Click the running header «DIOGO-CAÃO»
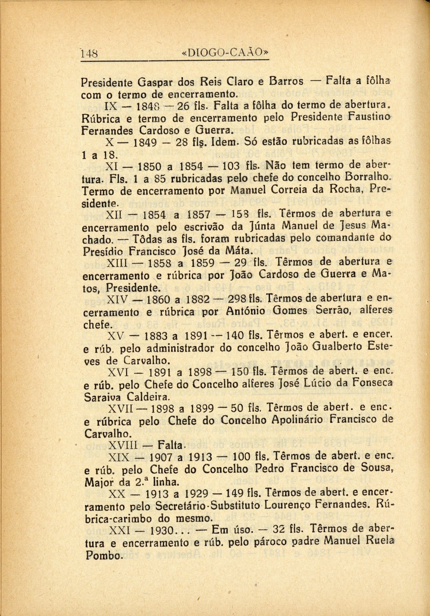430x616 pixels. tap(225, 53)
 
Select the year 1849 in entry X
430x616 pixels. tap(145, 143)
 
